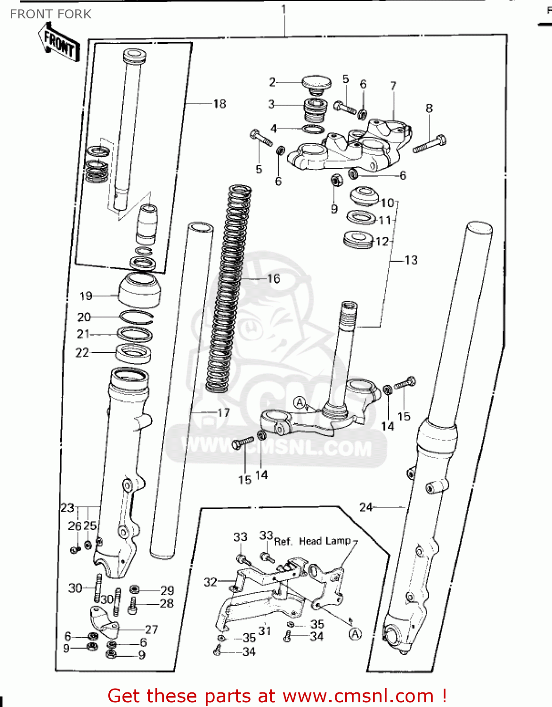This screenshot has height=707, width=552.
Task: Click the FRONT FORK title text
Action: (x=50, y=14)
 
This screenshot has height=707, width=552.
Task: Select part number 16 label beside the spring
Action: (x=273, y=279)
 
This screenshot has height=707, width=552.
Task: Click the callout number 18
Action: (x=219, y=104)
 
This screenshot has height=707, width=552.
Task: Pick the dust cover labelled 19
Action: (x=139, y=289)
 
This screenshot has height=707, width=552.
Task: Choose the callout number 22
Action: (x=82, y=353)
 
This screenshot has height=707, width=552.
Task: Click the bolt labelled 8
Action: (x=430, y=144)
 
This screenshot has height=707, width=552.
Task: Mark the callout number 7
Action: (x=393, y=86)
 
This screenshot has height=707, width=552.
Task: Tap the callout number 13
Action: (x=411, y=260)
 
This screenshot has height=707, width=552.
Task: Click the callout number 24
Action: (x=365, y=507)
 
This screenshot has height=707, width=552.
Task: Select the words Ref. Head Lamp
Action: (x=312, y=541)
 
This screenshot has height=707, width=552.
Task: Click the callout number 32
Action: (x=210, y=582)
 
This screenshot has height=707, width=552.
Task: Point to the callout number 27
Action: (x=151, y=629)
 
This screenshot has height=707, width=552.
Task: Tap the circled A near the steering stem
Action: (x=300, y=403)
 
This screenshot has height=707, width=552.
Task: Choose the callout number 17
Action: (x=223, y=412)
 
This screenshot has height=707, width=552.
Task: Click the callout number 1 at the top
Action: (x=284, y=8)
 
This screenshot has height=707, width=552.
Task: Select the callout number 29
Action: (x=167, y=590)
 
